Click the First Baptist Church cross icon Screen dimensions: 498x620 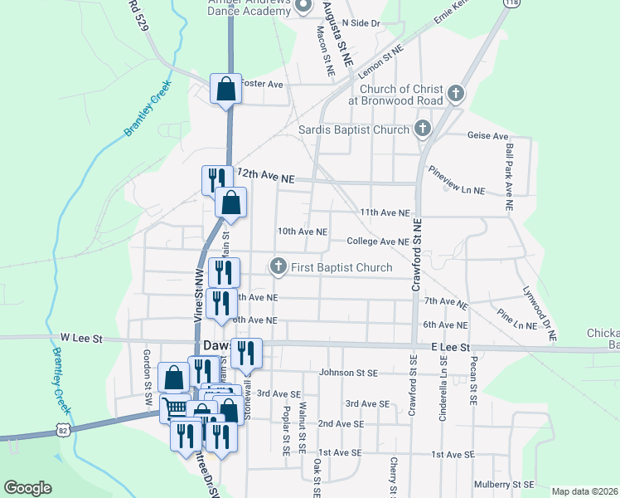tap(279, 267)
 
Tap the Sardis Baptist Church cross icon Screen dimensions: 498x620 tap(423, 129)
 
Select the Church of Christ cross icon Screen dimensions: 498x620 tap(455, 94)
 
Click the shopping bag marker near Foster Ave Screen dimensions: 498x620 tap(226, 88)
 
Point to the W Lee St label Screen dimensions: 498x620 tap(81, 339)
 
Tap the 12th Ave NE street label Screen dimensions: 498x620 tap(265, 177)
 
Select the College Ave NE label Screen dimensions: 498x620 tap(378, 242)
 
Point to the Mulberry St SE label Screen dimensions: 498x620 tap(503, 484)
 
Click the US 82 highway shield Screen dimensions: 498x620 tap(62, 428)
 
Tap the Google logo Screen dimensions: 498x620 tap(27, 488)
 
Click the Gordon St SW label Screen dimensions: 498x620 tap(147, 373)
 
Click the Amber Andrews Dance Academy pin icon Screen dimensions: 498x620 tap(303, 7)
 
